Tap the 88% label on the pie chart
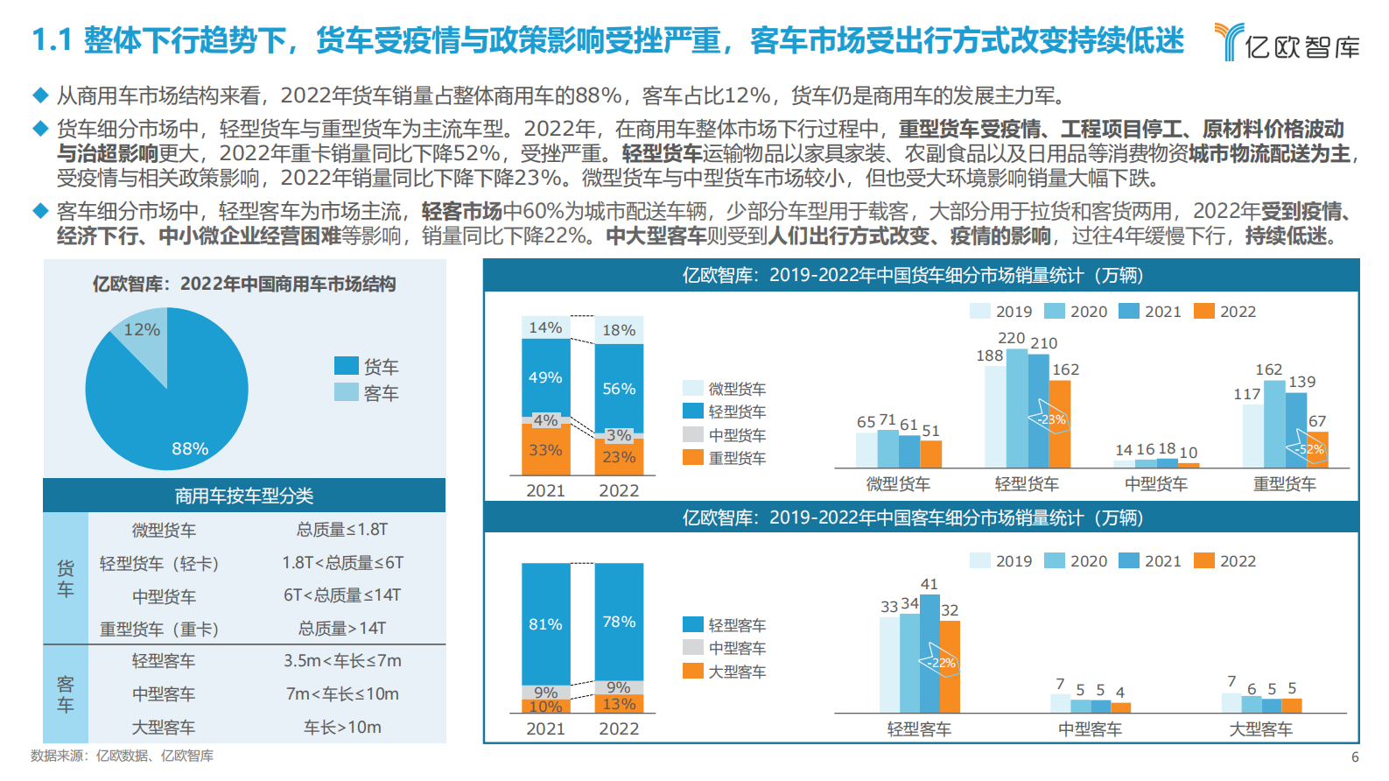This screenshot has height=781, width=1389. coord(189,449)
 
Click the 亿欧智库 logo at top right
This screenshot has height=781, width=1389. coord(1287,42)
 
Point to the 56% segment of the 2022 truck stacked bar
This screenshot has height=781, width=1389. coord(619,388)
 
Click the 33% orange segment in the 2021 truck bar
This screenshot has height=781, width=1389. coord(545,450)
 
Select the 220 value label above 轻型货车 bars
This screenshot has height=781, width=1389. coord(1011,338)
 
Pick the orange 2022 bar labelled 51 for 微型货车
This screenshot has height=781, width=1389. coord(930,454)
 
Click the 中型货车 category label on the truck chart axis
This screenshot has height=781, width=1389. coord(1155,484)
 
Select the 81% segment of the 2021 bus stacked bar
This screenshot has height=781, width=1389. coord(545,624)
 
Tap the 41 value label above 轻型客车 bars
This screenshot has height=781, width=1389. coord(930,584)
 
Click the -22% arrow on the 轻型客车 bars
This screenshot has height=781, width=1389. coord(940,663)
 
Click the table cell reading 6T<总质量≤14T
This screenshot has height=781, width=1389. coord(341,595)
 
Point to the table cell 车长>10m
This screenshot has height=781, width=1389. coord(341,727)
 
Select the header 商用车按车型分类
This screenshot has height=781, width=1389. coord(243,496)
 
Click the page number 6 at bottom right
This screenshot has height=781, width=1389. coord(1355,757)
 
